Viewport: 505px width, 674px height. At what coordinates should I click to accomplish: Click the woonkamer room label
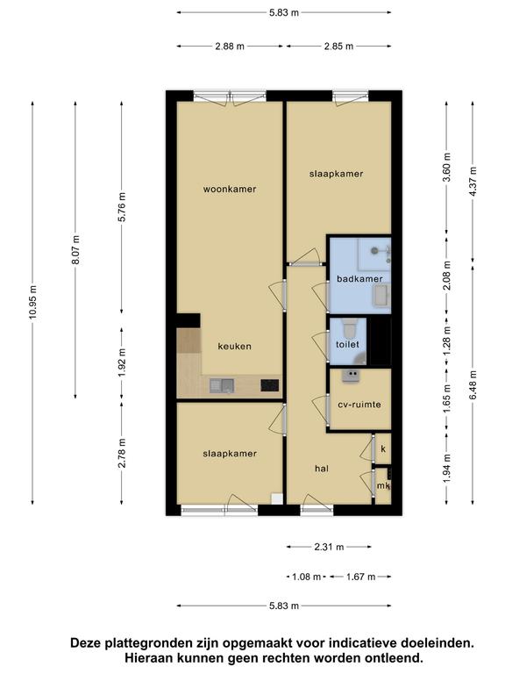pos(230,190)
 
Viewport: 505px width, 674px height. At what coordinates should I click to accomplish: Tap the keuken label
pos(234,347)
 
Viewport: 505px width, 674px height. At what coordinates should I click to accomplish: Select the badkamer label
pos(359,279)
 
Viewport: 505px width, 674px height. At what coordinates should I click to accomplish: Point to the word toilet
pos(347,344)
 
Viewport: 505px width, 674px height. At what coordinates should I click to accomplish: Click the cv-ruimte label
pos(359,405)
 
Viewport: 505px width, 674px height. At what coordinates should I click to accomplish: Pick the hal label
pos(322,469)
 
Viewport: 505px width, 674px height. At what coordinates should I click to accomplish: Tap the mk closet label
pos(383,486)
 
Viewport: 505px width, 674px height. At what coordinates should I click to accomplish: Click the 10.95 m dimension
pos(33,302)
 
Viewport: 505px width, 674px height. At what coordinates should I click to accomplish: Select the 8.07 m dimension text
pos(75,250)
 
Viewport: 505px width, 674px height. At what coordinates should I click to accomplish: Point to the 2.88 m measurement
pos(230,46)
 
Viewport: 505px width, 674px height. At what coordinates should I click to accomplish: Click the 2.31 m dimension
pos(329,548)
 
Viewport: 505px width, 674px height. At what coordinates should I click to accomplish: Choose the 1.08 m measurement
pos(306,577)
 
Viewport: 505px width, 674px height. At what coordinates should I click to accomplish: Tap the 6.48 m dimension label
pos(473,385)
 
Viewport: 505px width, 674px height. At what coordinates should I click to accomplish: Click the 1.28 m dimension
pos(446,341)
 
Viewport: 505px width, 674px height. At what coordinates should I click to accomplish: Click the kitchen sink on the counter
pos(222,385)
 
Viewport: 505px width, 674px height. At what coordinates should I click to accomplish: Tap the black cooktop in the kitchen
pos(270,385)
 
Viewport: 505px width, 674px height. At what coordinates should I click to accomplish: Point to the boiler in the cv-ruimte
pos(351,376)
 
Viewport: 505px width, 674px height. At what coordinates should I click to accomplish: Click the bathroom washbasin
pos(381,296)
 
